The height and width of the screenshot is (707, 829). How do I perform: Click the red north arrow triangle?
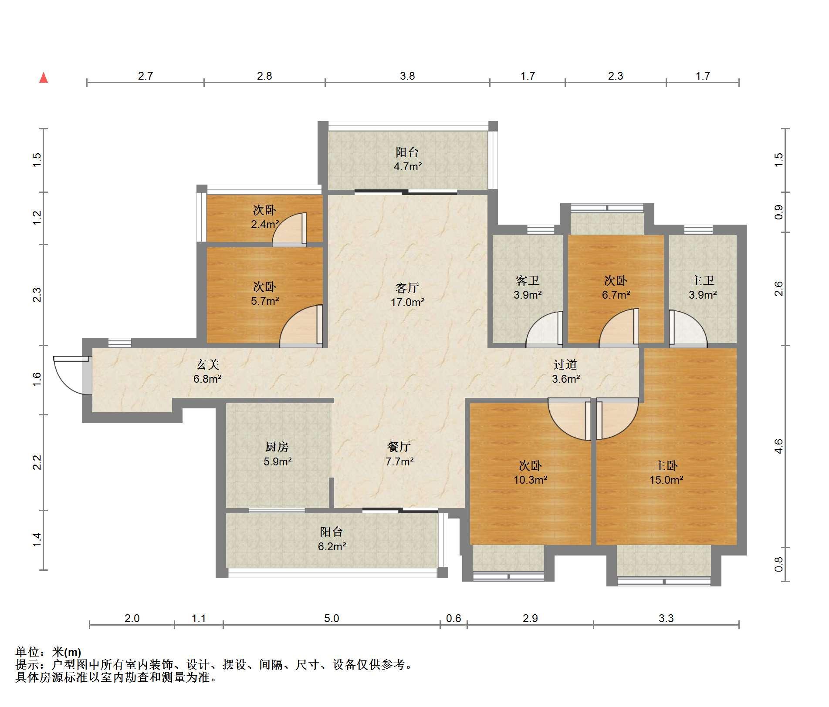pyautogui.click(x=44, y=77)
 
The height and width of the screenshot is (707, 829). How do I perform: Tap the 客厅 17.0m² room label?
pyautogui.click(x=407, y=295)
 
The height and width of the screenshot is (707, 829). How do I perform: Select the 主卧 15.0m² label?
pyautogui.click(x=666, y=473)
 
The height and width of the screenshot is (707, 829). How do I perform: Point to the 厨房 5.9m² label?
pyautogui.click(x=277, y=454)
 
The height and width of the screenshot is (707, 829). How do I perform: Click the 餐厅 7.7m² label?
pyautogui.click(x=399, y=454)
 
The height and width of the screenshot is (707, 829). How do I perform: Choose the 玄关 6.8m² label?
pyautogui.click(x=207, y=371)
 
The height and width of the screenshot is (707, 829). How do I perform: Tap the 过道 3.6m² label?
pyautogui.click(x=565, y=371)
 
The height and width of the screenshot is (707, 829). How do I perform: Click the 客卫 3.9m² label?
pyautogui.click(x=528, y=288)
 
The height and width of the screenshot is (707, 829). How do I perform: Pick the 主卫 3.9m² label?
pyautogui.click(x=703, y=288)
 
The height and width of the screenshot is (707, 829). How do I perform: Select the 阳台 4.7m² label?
pyautogui.click(x=407, y=159)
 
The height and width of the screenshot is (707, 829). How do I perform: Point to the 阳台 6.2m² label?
pyautogui.click(x=332, y=539)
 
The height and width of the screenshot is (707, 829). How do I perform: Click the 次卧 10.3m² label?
pyautogui.click(x=530, y=473)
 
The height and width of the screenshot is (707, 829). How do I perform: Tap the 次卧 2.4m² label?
pyautogui.click(x=264, y=217)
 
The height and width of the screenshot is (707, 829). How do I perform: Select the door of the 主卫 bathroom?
pyautogui.click(x=688, y=328)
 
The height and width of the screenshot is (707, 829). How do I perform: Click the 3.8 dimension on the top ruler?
pyautogui.click(x=407, y=76)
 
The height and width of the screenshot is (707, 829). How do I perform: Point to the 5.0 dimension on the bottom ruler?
pyautogui.click(x=332, y=618)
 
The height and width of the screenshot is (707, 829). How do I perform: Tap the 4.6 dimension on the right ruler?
pyautogui.click(x=779, y=446)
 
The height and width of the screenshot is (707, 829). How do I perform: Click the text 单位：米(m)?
pyautogui.click(x=48, y=652)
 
